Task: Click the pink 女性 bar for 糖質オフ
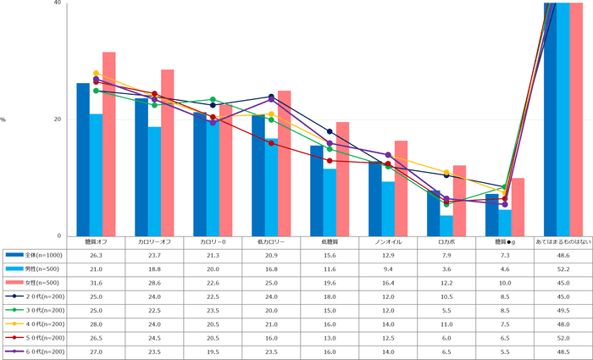[108, 144]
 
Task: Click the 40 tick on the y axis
[57, 3]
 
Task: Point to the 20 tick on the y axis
[57, 119]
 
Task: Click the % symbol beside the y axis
[3, 119]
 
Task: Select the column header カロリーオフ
[155, 242]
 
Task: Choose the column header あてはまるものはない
[563, 242]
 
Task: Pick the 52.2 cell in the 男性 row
[563, 269]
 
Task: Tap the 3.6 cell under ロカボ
[446, 269]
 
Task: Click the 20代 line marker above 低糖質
[330, 131]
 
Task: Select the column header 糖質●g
[505, 242]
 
